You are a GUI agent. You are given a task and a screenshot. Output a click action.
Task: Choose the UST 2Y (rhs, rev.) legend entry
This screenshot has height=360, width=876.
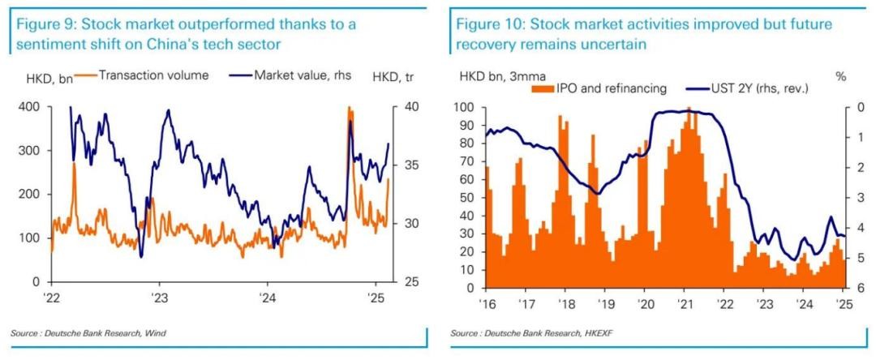click(x=751, y=88)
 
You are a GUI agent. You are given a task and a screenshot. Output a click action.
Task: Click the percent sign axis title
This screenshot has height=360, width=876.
click(x=840, y=76)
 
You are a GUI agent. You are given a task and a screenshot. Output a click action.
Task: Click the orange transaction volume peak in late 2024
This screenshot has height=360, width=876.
click(x=350, y=109)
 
